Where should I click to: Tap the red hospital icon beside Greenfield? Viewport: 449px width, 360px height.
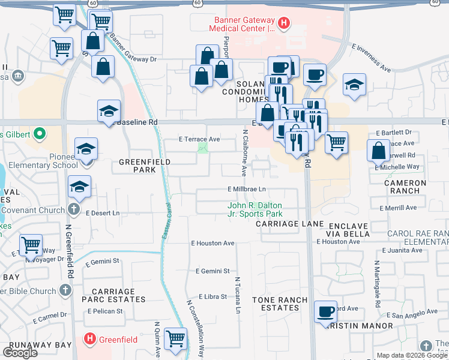89,339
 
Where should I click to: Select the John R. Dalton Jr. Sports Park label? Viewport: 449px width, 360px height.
255,209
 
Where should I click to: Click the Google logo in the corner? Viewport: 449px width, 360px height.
20,353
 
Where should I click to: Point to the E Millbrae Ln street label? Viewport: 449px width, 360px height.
247,189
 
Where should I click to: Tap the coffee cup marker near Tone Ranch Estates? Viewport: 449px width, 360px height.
325,311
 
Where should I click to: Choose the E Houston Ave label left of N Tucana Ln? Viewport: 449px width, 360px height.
212,244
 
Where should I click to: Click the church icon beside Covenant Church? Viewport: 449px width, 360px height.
73,210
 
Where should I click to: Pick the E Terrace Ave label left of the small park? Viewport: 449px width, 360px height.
199,139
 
